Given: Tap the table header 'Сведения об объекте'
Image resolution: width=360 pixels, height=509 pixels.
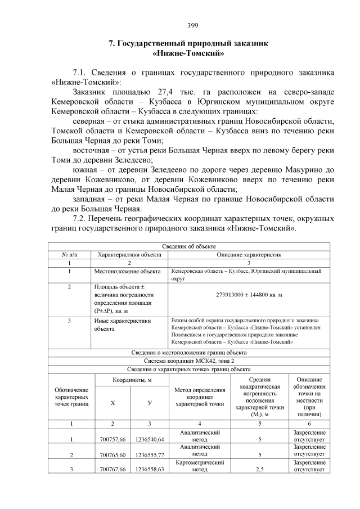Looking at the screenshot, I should (188, 246).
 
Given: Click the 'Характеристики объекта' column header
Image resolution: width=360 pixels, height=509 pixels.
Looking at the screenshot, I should (129, 255).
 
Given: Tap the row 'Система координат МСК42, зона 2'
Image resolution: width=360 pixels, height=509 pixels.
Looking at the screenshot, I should (188, 361).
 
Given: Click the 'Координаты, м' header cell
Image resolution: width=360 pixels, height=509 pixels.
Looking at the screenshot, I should (132, 381).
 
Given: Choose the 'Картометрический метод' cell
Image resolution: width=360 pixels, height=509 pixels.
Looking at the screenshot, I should (200, 465).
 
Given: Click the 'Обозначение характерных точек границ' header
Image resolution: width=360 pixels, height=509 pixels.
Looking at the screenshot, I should (71, 396).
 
